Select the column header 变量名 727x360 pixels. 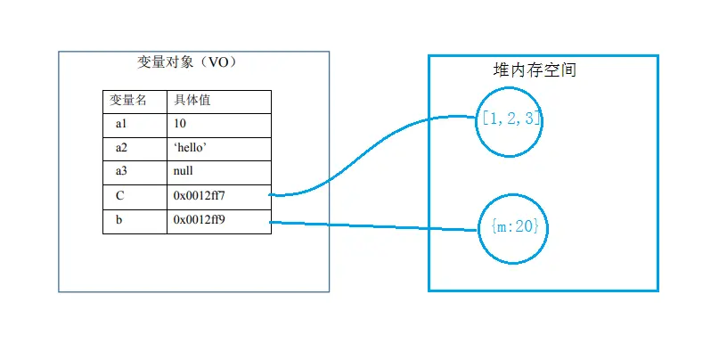point(127,101)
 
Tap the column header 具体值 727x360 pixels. point(192,101)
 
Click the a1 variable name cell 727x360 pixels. point(122,125)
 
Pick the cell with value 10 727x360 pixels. point(181,125)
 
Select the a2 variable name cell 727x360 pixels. point(122,147)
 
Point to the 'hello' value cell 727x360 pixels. point(191,147)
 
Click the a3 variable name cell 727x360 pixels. point(122,171)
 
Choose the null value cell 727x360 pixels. point(184,171)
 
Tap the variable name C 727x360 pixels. point(119,195)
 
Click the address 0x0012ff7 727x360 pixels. point(205,195)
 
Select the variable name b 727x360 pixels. point(118,219)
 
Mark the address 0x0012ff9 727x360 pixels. point(205,219)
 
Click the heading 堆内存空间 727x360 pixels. point(535,70)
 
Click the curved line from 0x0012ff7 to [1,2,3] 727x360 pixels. point(374,156)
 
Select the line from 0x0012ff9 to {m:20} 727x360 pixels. point(374,225)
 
